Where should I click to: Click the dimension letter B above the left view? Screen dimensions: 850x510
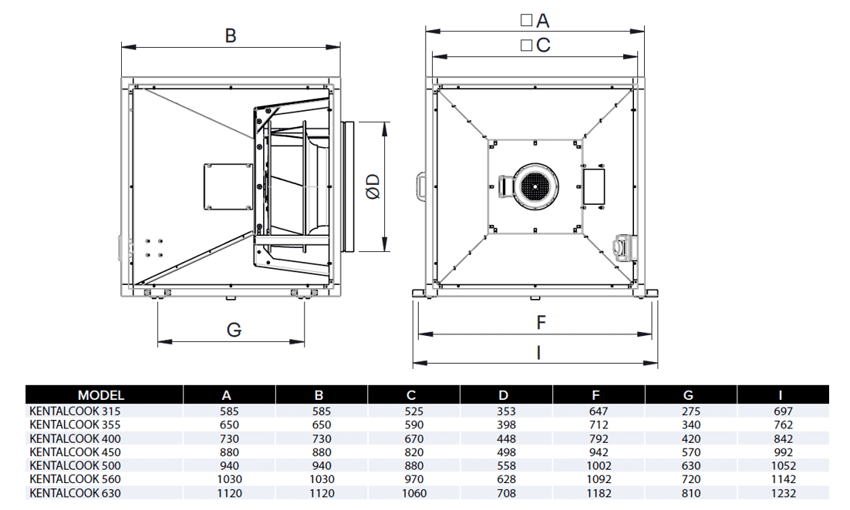click(x=231, y=35)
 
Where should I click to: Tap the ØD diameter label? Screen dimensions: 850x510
click(x=373, y=186)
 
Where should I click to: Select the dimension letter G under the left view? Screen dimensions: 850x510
click(x=234, y=330)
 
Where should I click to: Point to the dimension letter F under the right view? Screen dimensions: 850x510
click(x=541, y=323)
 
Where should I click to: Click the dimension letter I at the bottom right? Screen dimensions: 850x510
click(x=538, y=353)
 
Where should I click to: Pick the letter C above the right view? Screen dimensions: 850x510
click(x=543, y=45)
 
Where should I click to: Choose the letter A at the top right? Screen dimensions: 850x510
click(x=543, y=21)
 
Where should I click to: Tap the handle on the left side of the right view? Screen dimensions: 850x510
click(x=420, y=186)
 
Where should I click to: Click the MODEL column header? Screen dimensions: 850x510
click(x=101, y=395)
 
